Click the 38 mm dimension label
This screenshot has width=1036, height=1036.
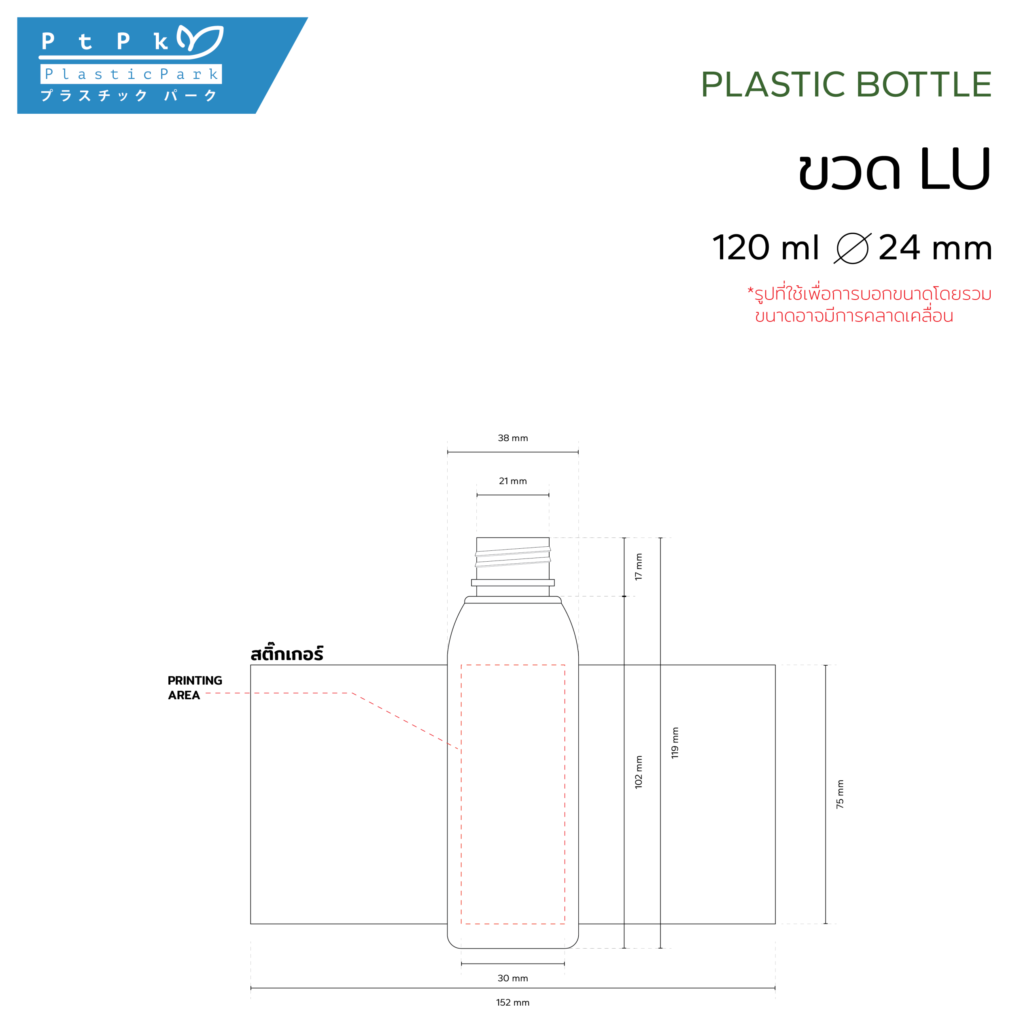(513, 438)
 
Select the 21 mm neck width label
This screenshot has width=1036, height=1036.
(513, 481)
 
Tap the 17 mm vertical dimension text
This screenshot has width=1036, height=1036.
(638, 567)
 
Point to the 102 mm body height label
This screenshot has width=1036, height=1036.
(638, 772)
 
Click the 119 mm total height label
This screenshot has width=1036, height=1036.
(675, 743)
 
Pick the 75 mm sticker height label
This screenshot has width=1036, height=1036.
(840, 794)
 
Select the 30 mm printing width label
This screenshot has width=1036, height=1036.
(513, 978)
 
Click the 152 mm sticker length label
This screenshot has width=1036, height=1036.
(513, 1002)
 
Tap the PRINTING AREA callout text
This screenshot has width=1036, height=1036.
(194, 688)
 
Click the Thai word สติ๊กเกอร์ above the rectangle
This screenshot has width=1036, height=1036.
(287, 654)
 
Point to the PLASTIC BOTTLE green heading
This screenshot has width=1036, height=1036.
(846, 85)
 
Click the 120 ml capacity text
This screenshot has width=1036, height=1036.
(765, 248)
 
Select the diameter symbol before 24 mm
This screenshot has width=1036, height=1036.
(852, 248)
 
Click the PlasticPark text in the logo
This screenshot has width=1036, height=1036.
(132, 74)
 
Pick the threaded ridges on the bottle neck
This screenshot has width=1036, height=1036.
(513, 556)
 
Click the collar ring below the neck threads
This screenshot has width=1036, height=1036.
(513, 582)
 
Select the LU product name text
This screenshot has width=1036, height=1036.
(955, 169)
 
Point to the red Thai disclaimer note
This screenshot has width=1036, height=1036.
(869, 305)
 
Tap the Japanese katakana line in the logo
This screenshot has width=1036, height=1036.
(129, 96)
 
